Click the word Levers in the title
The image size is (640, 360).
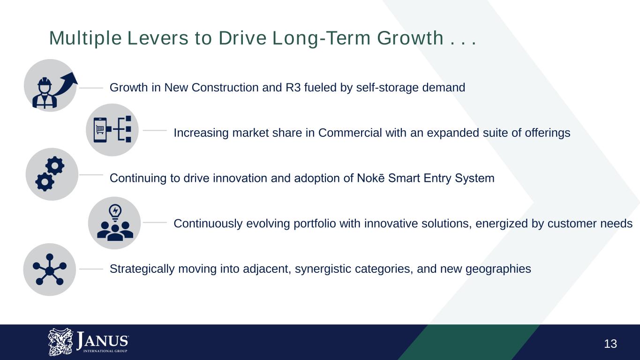click(158, 38)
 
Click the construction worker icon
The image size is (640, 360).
click(45, 93)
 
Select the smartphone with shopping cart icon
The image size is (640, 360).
click(100, 130)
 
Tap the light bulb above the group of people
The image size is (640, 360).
click(115, 213)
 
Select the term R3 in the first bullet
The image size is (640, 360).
click(293, 88)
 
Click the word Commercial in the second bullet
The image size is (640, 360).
click(350, 133)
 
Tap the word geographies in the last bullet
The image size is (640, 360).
click(498, 269)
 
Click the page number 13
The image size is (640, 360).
click(610, 344)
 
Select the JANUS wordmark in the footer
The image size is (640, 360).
click(102, 340)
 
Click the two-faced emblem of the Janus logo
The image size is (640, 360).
click(60, 342)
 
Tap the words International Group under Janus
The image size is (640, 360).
click(105, 351)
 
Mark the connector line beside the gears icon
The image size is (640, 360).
click(91, 175)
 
